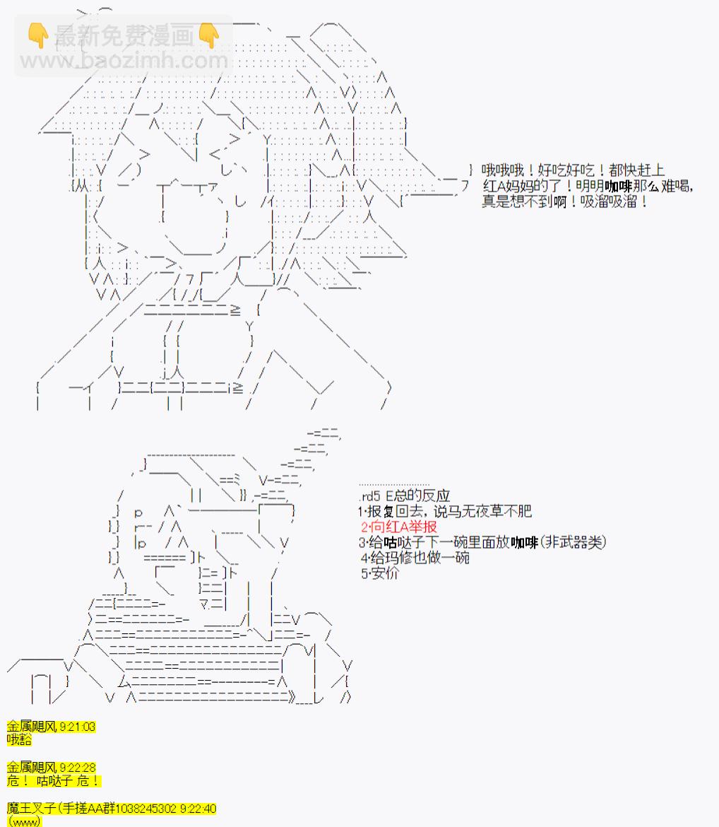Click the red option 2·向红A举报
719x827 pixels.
[398, 527]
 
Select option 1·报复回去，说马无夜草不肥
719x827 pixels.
[444, 511]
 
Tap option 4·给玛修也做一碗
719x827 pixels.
[415, 558]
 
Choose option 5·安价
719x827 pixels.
[379, 573]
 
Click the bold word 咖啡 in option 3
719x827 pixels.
[524, 542]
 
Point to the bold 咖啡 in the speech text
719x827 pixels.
[618, 186]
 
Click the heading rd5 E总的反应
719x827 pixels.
[404, 495]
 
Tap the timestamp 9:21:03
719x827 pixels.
[77, 727]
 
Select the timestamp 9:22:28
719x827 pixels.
[77, 768]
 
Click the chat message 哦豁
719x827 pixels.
[19, 740]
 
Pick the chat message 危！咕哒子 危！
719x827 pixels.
[53, 781]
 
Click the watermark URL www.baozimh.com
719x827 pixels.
[124, 61]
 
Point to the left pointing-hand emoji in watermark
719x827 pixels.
[38, 35]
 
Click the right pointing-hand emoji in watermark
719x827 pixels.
[209, 35]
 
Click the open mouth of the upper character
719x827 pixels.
[195, 217]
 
